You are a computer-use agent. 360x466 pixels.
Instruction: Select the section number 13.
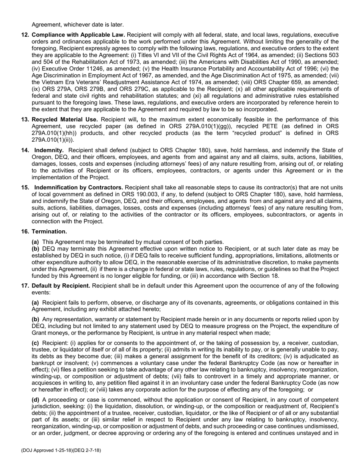tap(25, 119)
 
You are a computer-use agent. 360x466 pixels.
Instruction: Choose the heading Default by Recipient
tap(61, 286)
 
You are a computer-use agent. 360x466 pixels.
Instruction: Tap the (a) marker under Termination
tap(36, 242)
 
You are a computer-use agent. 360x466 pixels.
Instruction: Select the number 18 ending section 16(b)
tap(275, 276)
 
